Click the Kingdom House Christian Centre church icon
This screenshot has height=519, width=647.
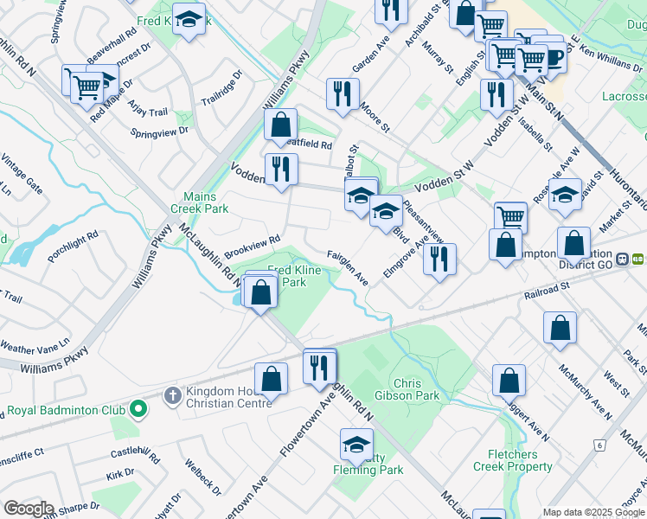(x=172, y=396)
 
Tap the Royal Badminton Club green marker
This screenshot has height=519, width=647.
(x=137, y=407)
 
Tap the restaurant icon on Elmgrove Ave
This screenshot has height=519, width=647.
(x=439, y=259)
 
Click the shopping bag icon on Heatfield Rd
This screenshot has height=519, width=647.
(x=281, y=125)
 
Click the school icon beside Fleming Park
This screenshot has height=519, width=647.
(x=356, y=445)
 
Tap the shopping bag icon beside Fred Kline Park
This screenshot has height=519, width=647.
(x=261, y=292)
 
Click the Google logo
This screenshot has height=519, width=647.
(x=29, y=509)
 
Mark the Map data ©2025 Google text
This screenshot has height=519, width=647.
(x=593, y=512)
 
